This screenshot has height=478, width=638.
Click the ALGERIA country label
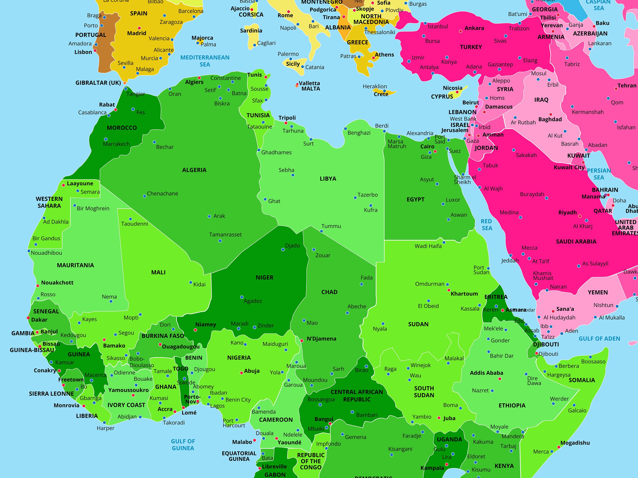click(194, 170)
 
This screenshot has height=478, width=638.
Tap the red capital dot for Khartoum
click(449, 290)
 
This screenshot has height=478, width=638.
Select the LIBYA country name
click(328, 179)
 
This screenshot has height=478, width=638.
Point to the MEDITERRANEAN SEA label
click(205, 61)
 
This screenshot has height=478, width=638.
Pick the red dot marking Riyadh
click(580, 216)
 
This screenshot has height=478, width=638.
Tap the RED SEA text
click(486, 225)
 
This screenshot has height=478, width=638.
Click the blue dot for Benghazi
click(345, 129)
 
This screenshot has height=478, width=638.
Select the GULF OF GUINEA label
click(183, 445)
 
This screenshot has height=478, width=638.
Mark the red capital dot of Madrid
click(139, 28)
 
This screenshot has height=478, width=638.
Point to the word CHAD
click(329, 292)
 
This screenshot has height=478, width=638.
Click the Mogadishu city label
click(575, 443)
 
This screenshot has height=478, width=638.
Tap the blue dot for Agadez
click(242, 297)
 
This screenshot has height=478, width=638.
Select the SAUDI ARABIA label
click(576, 242)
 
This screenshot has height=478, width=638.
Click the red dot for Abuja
click(241, 373)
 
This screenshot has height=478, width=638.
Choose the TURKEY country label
click(471, 47)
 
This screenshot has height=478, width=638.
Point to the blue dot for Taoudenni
click(130, 219)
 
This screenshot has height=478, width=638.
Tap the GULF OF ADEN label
click(599, 339)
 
